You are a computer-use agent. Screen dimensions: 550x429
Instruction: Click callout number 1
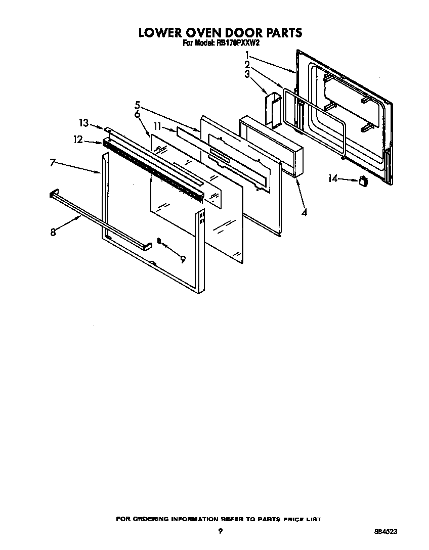(x=247, y=55)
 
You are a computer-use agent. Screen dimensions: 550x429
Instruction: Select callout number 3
(x=247, y=74)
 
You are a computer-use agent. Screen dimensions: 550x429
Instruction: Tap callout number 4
(x=304, y=213)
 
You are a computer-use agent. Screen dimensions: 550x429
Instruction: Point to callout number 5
(x=137, y=105)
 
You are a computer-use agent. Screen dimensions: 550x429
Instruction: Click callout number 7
(x=53, y=163)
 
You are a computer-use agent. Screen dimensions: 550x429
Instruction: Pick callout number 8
(x=53, y=232)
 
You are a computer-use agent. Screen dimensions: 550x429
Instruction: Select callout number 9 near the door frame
(x=183, y=259)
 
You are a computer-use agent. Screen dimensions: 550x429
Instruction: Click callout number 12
(x=77, y=140)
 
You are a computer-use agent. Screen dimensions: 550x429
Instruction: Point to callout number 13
(x=83, y=123)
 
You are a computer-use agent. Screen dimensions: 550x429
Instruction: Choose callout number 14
(x=332, y=178)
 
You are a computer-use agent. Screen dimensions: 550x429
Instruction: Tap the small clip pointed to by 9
(x=159, y=242)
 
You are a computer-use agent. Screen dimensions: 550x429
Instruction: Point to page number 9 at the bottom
(x=220, y=531)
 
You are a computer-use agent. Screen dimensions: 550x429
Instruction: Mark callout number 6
(x=137, y=115)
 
